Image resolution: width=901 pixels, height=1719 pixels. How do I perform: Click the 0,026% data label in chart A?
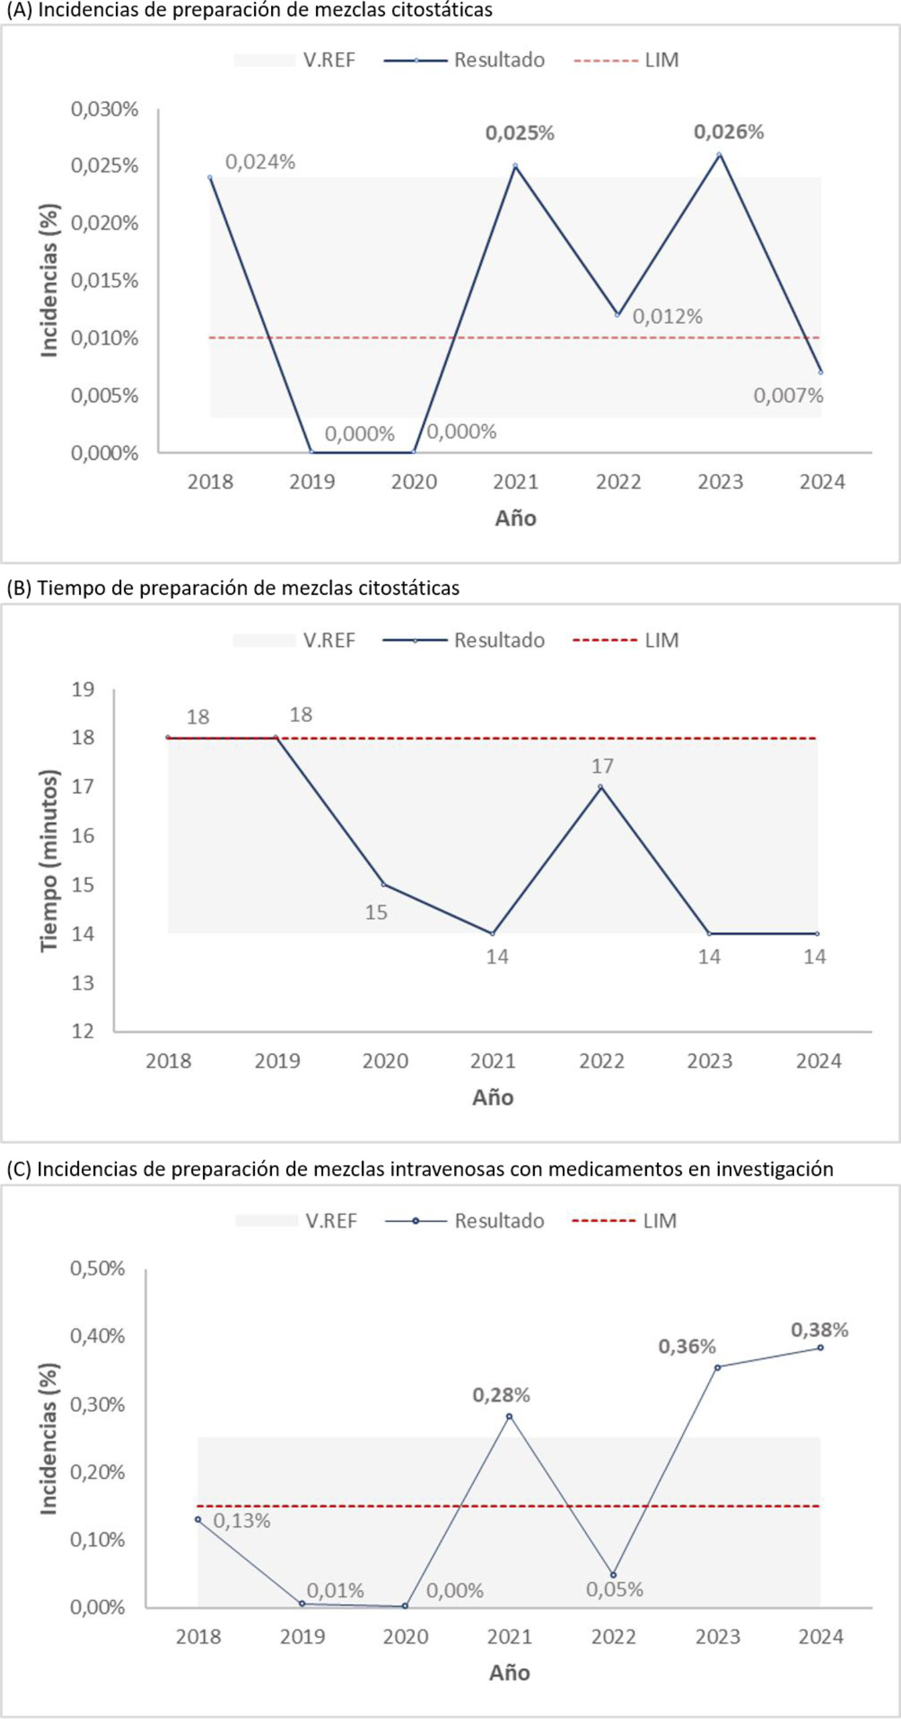pos(728,132)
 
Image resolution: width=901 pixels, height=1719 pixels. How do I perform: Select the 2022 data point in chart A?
pos(618,314)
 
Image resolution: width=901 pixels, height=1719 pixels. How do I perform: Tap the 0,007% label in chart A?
pos(788,396)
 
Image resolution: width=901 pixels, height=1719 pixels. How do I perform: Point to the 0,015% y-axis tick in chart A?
pos(105,281)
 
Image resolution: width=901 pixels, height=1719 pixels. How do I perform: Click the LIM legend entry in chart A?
pos(626,60)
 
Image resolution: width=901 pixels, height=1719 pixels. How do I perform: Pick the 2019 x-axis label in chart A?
pos(312,482)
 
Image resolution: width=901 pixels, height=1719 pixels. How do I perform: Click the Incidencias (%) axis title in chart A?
pos(50,281)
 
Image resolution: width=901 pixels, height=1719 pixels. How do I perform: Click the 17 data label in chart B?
pos(602,766)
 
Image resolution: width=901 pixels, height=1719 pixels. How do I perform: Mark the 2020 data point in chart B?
pos(383,885)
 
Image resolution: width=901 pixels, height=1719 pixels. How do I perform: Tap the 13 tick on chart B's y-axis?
pos(83,982)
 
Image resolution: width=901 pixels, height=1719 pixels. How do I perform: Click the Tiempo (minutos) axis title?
pos(50,861)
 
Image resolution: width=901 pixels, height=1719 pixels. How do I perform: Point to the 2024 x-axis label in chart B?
pos(819,1061)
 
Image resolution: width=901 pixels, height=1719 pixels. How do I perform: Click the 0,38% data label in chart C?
pos(820,1330)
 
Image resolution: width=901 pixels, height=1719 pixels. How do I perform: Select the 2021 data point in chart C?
pos(510,1417)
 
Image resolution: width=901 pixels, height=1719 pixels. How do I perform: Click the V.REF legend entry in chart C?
pos(296,1221)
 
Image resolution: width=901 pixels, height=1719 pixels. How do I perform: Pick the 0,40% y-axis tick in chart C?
pos(98,1336)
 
